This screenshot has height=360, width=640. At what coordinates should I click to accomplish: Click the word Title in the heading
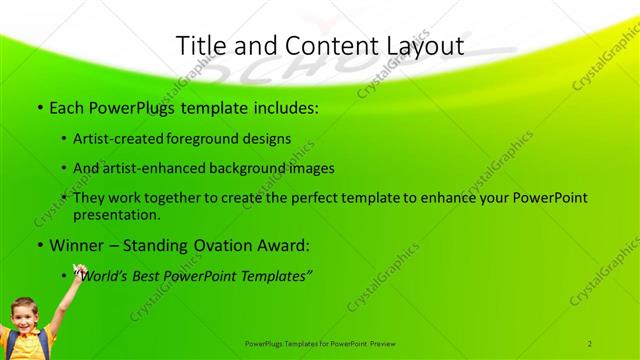pyautogui.click(x=200, y=46)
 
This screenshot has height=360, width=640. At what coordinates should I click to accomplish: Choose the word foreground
pyautogui.click(x=208, y=139)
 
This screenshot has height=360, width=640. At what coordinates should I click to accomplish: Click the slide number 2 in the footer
pyautogui.click(x=590, y=343)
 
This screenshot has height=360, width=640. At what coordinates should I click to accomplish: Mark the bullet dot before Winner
pyautogui.click(x=39, y=245)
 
